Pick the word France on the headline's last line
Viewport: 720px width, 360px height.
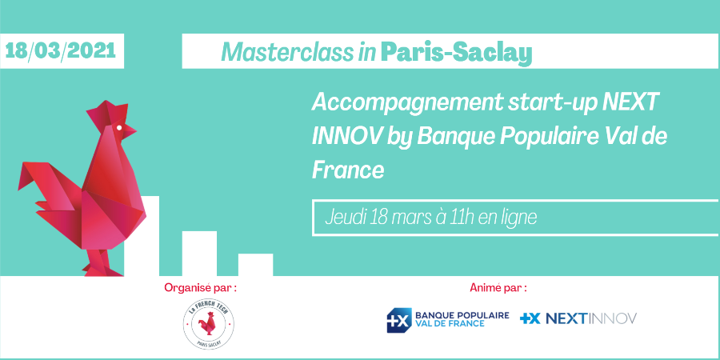(x=348, y=170)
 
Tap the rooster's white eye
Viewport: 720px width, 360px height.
(x=120, y=127)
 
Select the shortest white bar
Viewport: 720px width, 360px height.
(x=255, y=265)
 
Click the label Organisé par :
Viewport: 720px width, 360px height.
(x=200, y=286)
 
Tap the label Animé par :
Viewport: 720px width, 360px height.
(x=498, y=286)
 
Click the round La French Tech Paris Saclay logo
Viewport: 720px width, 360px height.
(x=208, y=324)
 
